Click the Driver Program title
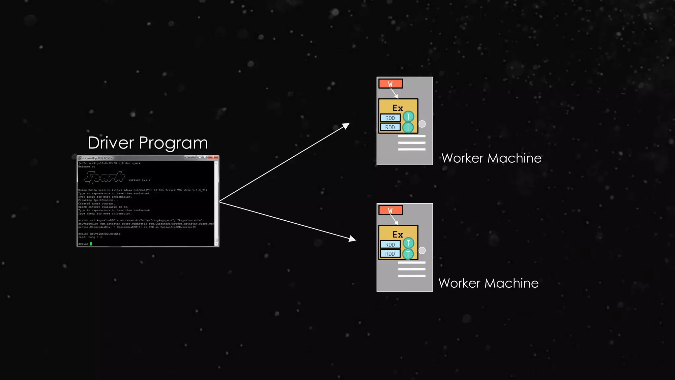(148, 143)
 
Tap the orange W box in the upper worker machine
(391, 84)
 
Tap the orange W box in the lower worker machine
(391, 210)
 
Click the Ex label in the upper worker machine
(398, 108)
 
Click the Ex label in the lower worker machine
(398, 235)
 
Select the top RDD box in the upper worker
(390, 118)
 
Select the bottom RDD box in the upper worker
(390, 127)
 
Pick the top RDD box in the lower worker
(390, 245)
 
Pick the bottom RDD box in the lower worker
(390, 254)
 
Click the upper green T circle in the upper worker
(408, 116)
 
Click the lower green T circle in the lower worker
(408, 254)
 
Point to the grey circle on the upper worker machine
(422, 124)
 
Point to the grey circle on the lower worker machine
(422, 250)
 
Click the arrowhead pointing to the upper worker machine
(346, 126)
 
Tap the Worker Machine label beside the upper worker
(491, 158)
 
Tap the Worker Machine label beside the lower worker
(488, 283)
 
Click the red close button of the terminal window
(213, 157)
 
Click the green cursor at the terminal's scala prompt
(91, 244)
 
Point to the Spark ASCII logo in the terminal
(104, 177)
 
